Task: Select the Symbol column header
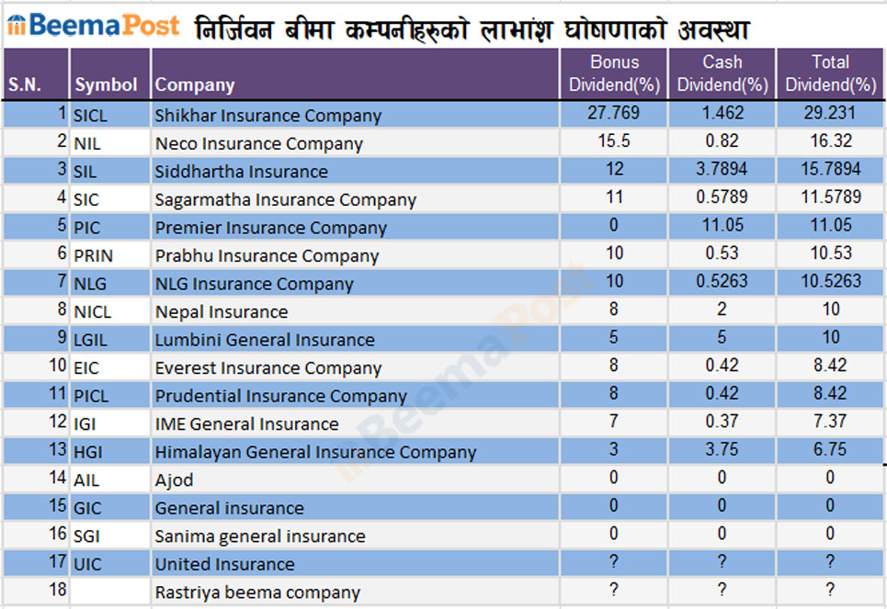[x=106, y=85]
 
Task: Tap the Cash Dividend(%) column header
[x=722, y=73]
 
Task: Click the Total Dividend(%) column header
[x=830, y=73]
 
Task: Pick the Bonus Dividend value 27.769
[x=613, y=113]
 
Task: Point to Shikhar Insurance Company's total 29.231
[x=830, y=113]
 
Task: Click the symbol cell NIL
[x=88, y=143]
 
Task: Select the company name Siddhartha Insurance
[x=241, y=171]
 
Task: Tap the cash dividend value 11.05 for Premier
[x=722, y=225]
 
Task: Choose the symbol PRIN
[x=94, y=255]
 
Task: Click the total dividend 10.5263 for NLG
[x=830, y=281]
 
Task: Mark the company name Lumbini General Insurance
[x=265, y=340]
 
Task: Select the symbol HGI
[x=90, y=452]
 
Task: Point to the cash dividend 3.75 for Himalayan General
[x=722, y=449]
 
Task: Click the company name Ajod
[x=174, y=480]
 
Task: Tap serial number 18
[x=58, y=590]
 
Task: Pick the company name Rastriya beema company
[x=257, y=592]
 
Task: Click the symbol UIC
[x=89, y=564]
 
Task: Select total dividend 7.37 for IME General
[x=830, y=422]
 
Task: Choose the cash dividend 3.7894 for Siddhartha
[x=722, y=169]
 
